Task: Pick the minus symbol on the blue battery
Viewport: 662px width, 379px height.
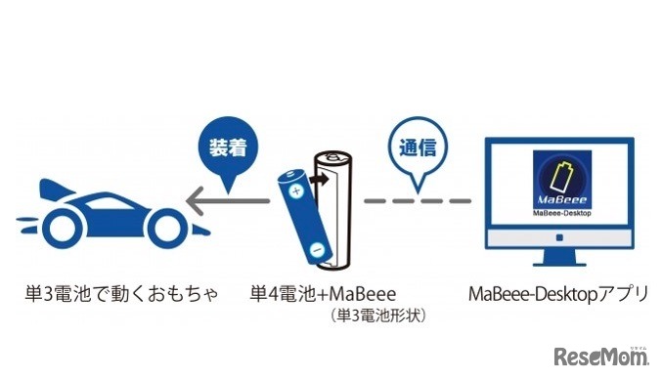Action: (316, 249)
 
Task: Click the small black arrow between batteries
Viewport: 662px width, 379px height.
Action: (317, 180)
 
